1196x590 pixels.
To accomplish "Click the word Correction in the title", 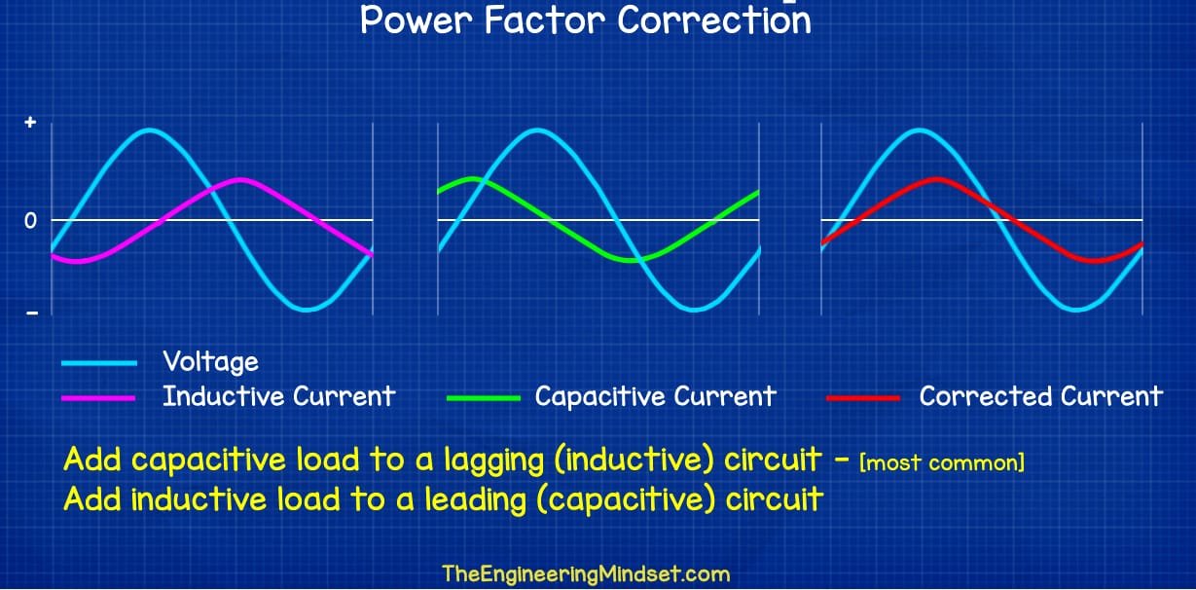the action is pos(714,20).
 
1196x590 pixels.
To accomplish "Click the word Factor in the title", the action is pos(545,20).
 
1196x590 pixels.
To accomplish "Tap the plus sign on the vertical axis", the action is pos(30,123).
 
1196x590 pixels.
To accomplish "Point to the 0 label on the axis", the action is pos(30,220).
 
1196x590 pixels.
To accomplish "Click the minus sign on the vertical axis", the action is pos(32,313).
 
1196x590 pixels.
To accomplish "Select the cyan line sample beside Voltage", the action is pos(99,363).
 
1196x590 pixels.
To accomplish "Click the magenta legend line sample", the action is pos(98,398).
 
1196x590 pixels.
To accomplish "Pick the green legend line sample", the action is pos(484,398).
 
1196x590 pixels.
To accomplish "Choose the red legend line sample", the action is pos(863,398).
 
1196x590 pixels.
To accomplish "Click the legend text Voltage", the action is pos(210,362).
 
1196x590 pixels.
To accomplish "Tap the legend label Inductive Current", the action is pos(278,396).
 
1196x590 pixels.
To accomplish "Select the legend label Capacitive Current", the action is pos(655,396).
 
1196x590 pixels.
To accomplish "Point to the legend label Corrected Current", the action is pos(1040,396).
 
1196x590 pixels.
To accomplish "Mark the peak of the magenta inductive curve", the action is pos(240,180).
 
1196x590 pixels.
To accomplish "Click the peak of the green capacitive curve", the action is pos(472,179).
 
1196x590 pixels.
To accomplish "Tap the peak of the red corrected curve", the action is pos(936,179).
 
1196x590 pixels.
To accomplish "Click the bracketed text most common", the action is pos(942,462).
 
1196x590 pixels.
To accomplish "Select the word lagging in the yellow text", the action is pos(494,461).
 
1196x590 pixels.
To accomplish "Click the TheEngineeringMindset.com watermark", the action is pos(586,574).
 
